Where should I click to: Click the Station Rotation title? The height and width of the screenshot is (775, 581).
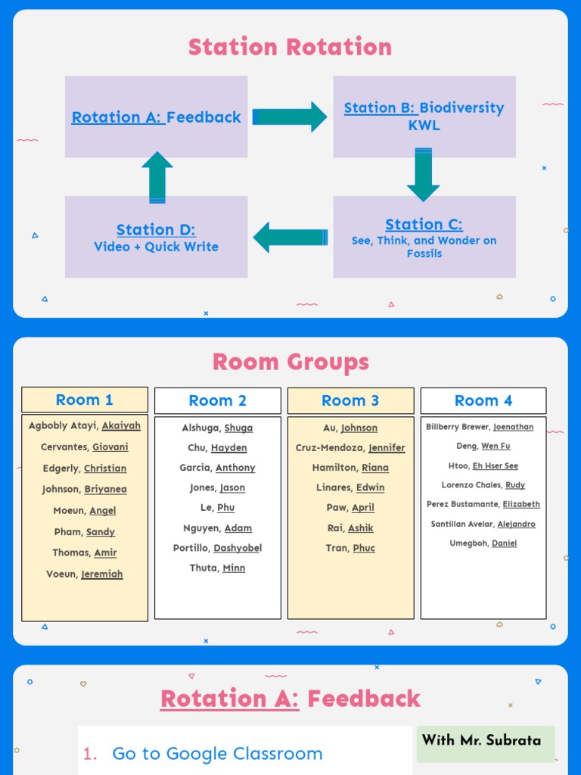coord(290,48)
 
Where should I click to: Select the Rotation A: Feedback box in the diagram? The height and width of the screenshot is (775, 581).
coord(156,117)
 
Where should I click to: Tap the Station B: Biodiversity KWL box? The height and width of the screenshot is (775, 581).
coord(424,116)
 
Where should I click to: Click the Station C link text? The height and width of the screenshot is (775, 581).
coord(424,224)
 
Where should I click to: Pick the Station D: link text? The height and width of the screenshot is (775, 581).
coord(156,229)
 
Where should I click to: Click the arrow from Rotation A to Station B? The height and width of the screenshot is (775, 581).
coord(290,117)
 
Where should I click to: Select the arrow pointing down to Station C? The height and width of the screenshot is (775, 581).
coord(424,176)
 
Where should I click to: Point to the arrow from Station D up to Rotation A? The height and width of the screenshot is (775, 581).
coord(157,177)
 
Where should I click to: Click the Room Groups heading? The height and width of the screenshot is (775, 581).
coord(290,362)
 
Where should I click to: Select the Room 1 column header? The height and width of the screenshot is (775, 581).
coord(85,400)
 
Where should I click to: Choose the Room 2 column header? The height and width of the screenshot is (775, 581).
coord(218,400)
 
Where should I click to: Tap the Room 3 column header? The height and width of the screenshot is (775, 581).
coord(350,400)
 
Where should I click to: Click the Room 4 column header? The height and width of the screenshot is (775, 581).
coord(483,400)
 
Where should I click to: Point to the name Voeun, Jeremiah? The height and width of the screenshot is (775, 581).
coord(85,574)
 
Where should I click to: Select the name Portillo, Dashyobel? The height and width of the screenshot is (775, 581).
coord(217,548)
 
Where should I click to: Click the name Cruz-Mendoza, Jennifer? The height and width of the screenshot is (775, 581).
coord(350,447)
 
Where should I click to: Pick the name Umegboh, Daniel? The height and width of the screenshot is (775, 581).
coord(483,543)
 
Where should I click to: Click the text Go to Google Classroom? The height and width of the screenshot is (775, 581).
coord(217,753)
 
